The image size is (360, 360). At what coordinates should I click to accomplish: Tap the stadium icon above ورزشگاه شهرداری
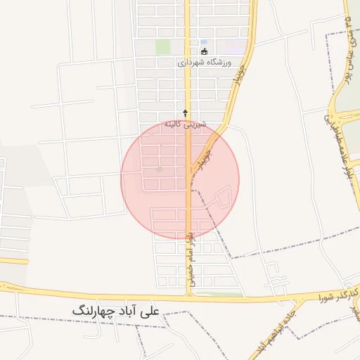click(x=205, y=51)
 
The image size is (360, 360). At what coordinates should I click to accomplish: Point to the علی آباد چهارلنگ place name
click(x=115, y=310)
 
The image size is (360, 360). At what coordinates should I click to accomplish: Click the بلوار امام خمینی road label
click(x=191, y=253)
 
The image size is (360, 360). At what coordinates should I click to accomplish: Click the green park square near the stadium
click(x=163, y=47)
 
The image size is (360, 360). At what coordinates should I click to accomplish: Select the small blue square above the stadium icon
click(x=204, y=41)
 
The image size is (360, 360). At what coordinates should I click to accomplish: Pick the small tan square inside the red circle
click(x=159, y=169)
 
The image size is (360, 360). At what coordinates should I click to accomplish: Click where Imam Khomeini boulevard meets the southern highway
click(x=188, y=295)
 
